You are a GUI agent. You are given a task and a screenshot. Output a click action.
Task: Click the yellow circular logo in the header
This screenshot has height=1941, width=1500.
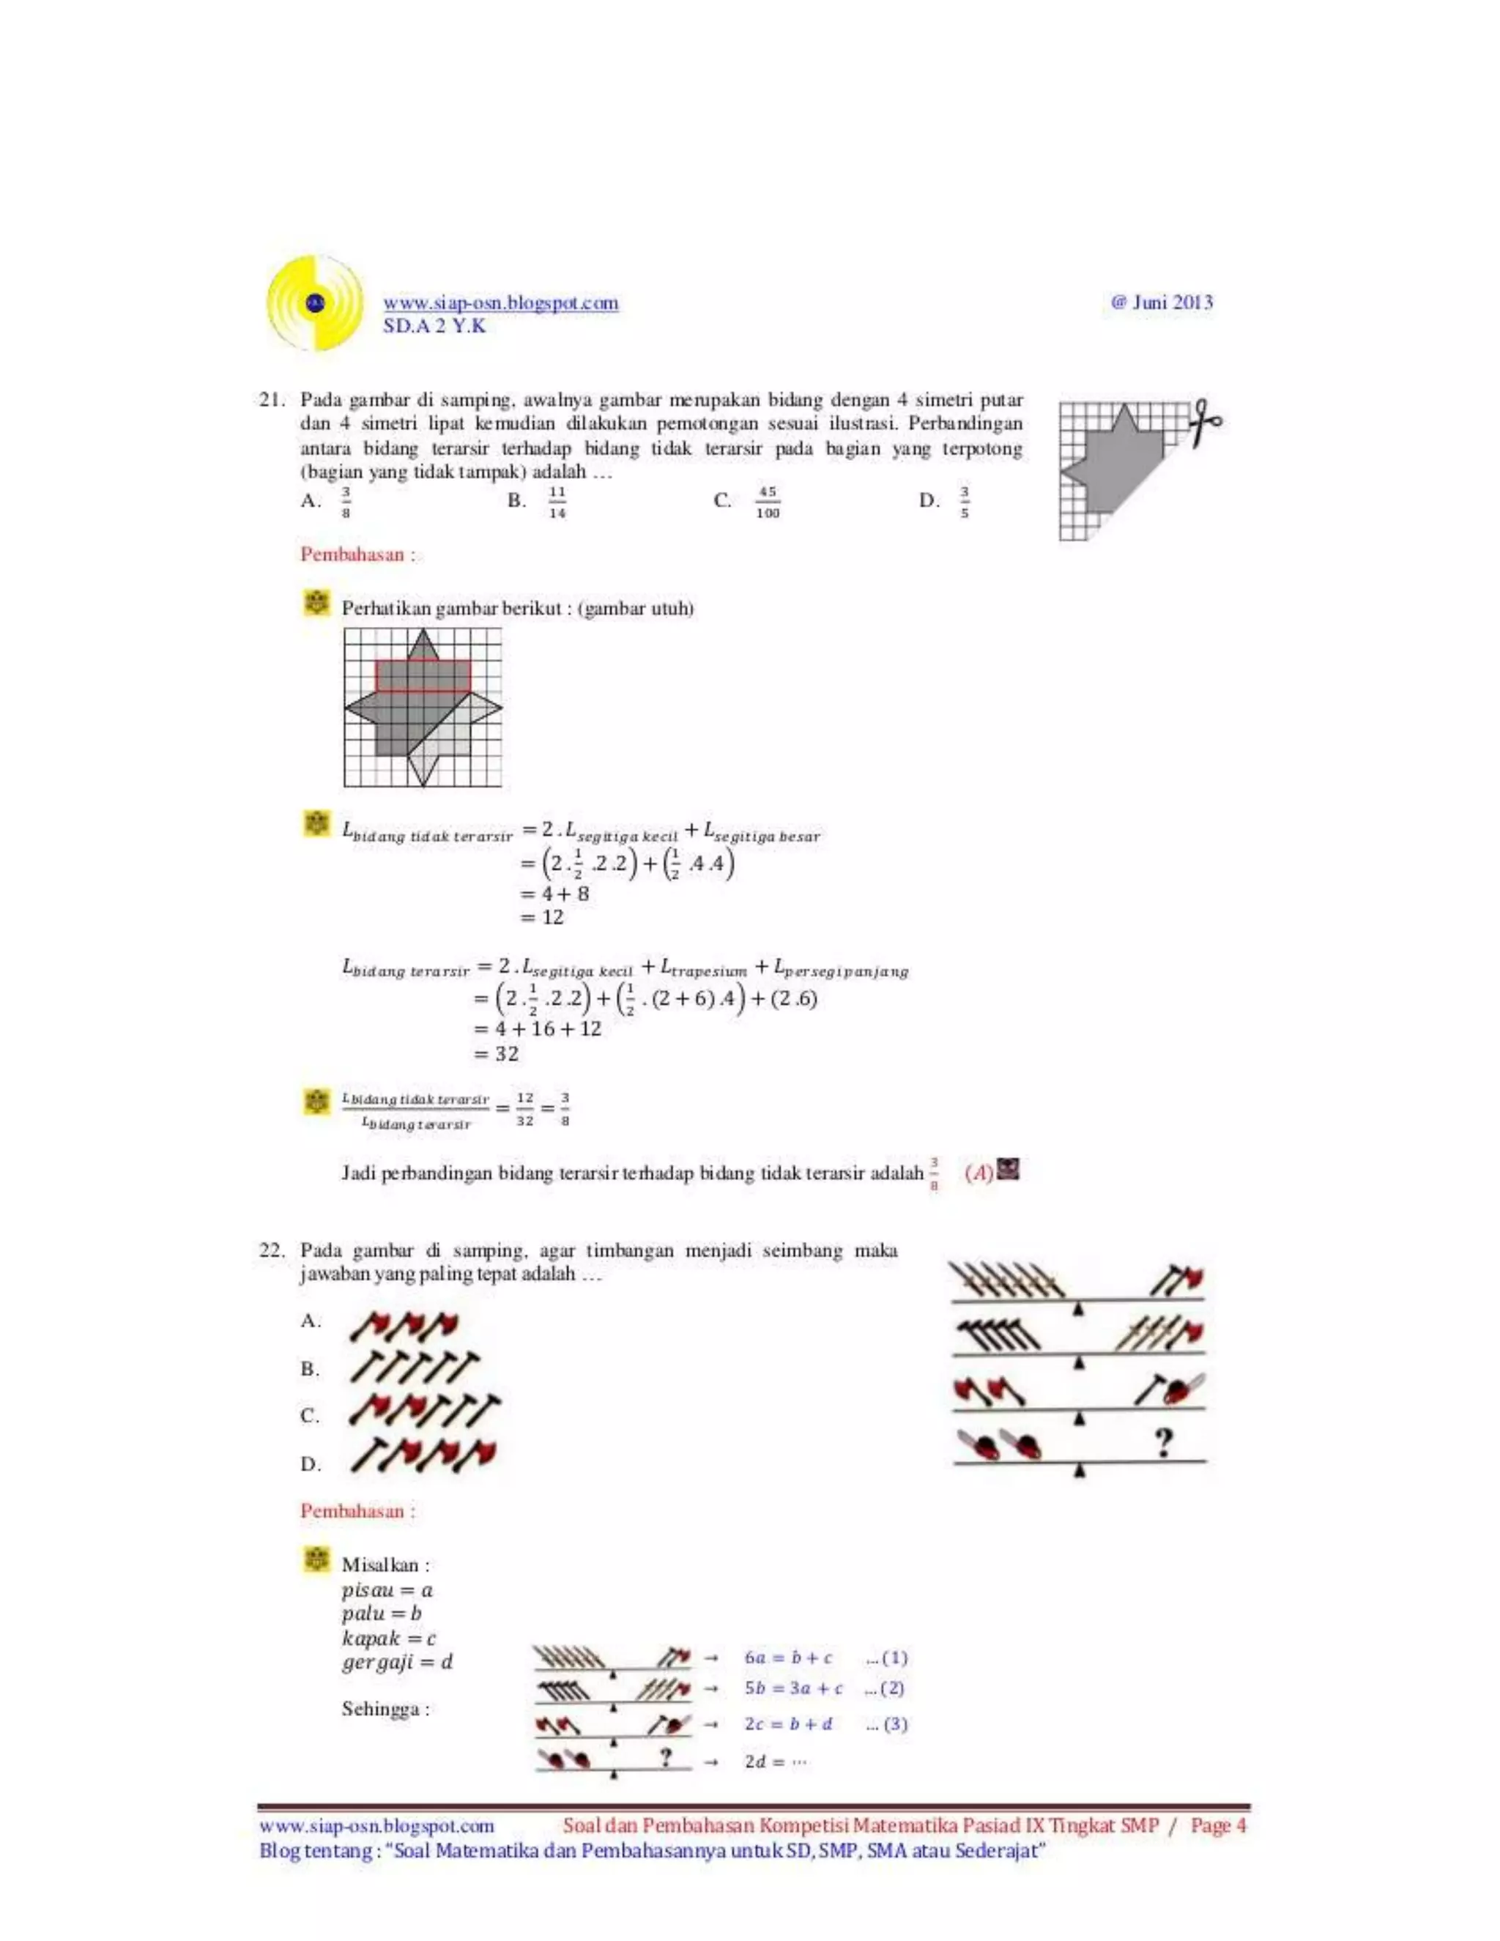tap(314, 303)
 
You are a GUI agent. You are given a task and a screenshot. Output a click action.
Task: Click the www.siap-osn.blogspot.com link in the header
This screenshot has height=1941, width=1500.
tap(500, 303)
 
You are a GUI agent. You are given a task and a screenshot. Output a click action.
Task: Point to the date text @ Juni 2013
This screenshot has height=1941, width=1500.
tap(1162, 303)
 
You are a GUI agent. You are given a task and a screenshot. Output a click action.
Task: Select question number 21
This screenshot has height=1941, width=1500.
tap(270, 400)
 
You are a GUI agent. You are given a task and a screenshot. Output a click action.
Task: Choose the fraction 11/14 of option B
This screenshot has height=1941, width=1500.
tap(557, 502)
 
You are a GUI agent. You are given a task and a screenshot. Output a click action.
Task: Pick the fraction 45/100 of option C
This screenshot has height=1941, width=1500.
tap(767, 502)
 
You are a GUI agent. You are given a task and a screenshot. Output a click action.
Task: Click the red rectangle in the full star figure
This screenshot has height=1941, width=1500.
tap(423, 676)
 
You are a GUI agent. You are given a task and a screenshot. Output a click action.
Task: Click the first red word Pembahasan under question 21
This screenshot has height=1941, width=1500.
tap(357, 554)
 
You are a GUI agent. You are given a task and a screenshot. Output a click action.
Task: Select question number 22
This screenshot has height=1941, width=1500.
tap(270, 1250)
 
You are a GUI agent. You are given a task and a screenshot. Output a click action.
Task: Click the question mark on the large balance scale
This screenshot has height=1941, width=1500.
tap(1163, 1441)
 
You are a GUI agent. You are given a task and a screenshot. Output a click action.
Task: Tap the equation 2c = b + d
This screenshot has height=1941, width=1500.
tap(788, 1724)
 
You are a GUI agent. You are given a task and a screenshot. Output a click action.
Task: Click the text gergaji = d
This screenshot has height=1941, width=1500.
tap(397, 1661)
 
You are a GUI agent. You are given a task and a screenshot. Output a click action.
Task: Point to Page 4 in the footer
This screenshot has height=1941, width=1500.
tap(1218, 1825)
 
